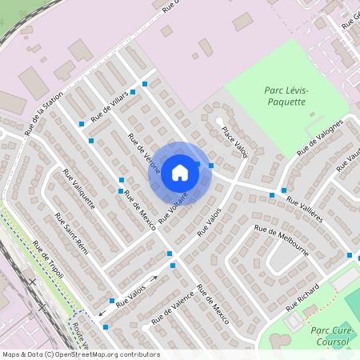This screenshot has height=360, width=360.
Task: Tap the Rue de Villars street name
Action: point(109,106)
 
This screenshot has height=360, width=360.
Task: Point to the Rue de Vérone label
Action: point(145,154)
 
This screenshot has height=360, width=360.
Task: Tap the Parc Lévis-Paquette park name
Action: point(286,97)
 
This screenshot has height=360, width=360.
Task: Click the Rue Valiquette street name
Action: point(78,189)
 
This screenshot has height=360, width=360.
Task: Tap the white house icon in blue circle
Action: point(180,171)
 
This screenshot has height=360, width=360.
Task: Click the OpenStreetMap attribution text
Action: point(81,354)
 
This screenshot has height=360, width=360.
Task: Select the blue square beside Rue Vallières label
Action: point(272,195)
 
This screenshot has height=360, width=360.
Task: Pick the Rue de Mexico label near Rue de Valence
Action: point(213,304)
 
